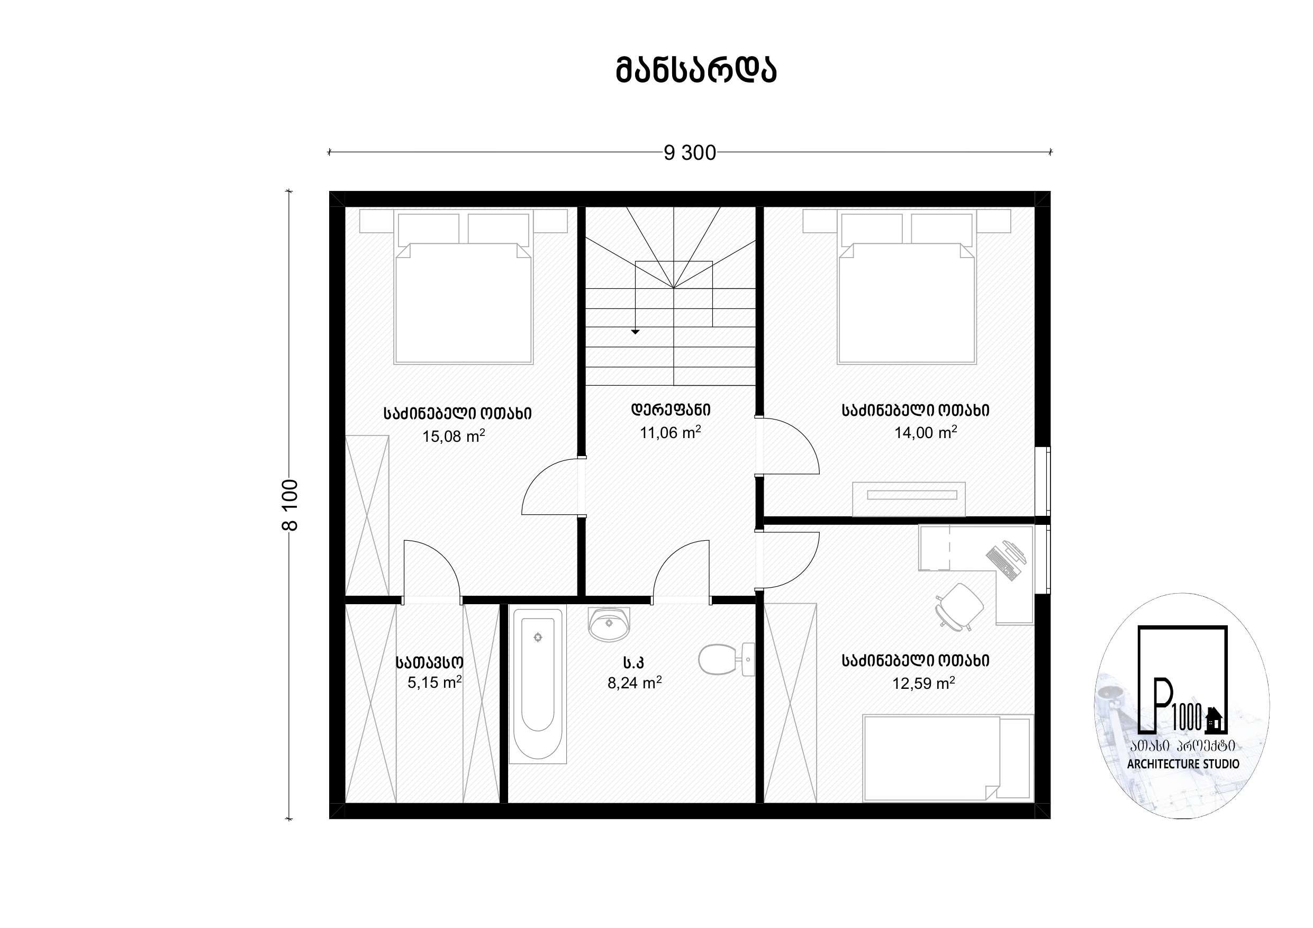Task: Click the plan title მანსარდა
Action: [696, 71]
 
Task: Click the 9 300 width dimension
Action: [690, 153]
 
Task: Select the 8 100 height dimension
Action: [291, 505]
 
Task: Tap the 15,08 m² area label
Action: [454, 436]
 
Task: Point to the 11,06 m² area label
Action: [670, 432]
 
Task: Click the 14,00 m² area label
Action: [925, 432]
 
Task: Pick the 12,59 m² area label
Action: [923, 683]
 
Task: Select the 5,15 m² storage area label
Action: [434, 682]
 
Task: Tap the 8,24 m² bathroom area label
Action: [635, 683]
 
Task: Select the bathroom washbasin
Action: [609, 624]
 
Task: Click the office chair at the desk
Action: [959, 607]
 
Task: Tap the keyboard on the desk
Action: [1003, 564]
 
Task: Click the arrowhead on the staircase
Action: [635, 332]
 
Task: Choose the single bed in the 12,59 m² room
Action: [948, 758]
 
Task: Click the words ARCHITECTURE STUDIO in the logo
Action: [1183, 764]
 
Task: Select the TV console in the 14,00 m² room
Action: [909, 499]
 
